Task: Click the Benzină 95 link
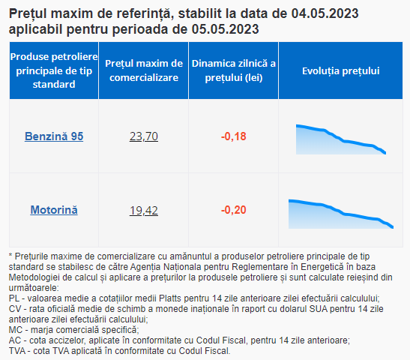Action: click(54, 136)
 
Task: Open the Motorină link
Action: click(54, 210)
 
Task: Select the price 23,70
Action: click(144, 136)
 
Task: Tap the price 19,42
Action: click(144, 210)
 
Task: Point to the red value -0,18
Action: click(234, 136)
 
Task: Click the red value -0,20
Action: click(234, 210)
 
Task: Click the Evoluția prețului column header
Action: click(340, 70)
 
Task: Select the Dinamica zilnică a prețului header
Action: click(234, 70)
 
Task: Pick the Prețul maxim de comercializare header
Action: click(144, 70)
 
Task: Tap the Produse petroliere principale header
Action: click(54, 70)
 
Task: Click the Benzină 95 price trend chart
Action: click(341, 139)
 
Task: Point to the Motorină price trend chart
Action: click(341, 214)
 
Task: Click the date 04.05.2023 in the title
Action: click(325, 13)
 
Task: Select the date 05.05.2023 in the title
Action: click(225, 29)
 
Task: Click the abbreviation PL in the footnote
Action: click(14, 298)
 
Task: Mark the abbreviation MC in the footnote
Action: click(15, 330)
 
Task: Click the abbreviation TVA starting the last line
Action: click(17, 350)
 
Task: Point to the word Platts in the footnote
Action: click(170, 298)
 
